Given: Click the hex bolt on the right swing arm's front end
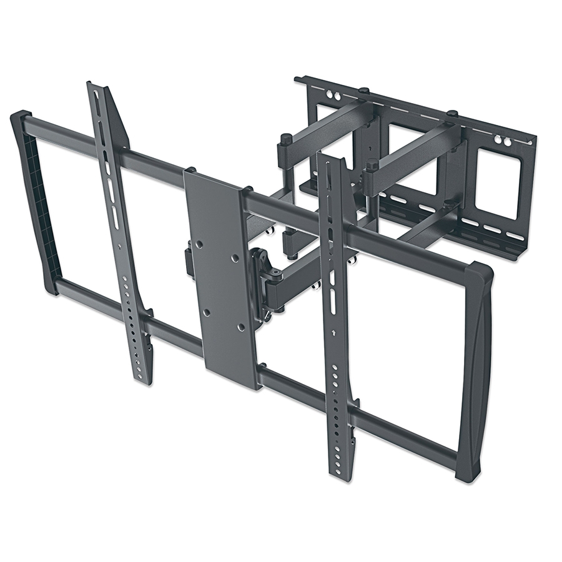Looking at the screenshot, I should click(x=372, y=167).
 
